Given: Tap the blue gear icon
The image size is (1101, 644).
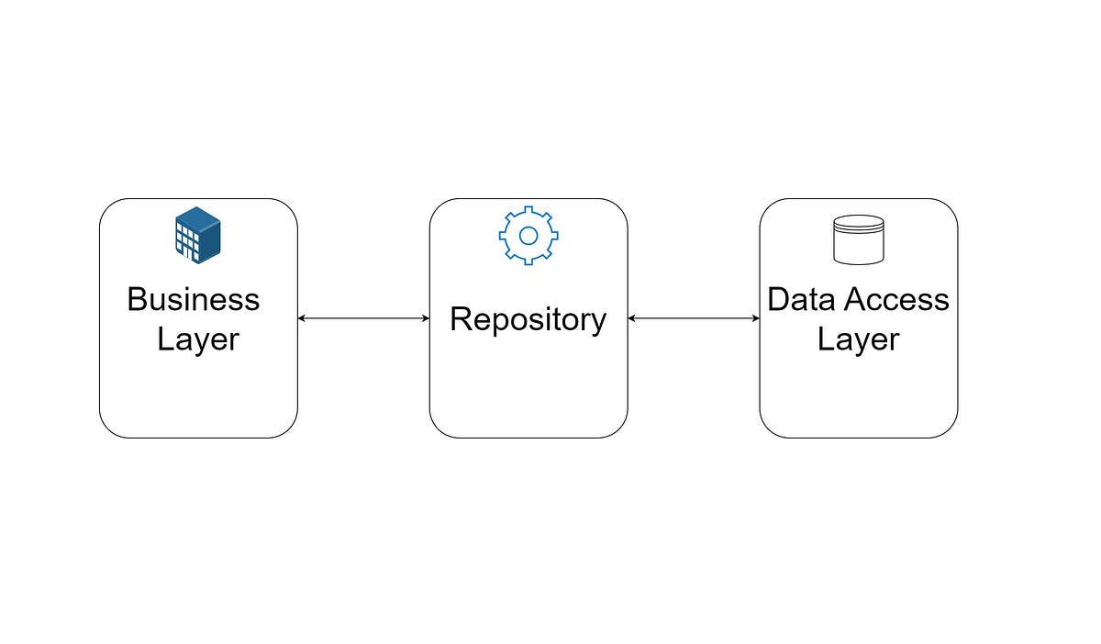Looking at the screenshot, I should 528,236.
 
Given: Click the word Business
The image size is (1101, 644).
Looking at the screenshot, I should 194,300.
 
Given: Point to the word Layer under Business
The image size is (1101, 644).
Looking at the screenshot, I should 198,339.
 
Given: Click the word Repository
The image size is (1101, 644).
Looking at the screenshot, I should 528,320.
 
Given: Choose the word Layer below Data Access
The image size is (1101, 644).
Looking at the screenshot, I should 859,339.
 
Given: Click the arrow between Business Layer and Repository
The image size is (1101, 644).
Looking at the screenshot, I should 364,318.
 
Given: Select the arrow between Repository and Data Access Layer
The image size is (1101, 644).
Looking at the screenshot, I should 695,318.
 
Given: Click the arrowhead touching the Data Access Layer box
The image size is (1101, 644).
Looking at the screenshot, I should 755,318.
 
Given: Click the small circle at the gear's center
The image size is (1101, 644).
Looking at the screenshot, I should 528,236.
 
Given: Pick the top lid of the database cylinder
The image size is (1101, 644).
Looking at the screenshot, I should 859,223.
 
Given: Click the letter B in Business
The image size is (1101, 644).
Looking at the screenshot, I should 138,300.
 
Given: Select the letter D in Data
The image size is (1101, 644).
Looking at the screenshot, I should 780,300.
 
